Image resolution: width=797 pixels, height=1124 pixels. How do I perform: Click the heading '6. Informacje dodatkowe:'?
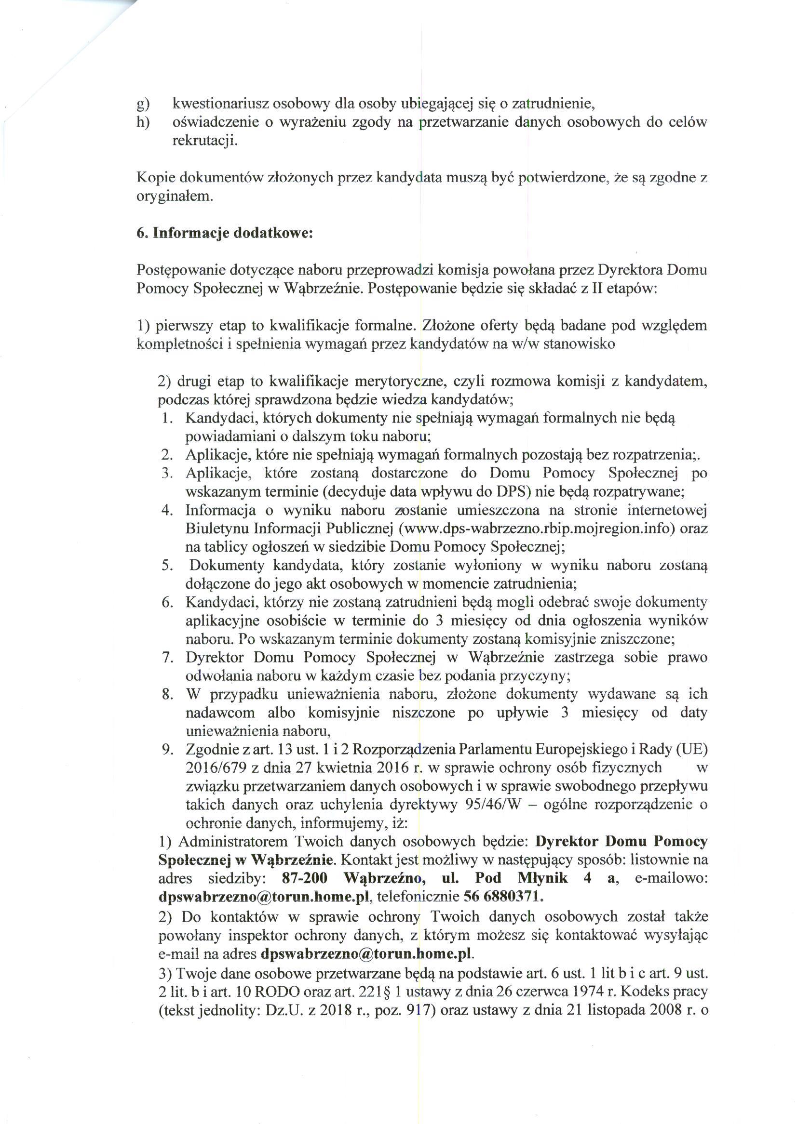pos(224,232)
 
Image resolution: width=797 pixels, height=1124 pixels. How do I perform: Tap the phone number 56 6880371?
pos(503,898)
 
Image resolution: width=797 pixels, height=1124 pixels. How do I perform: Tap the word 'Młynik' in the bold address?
pos(542,878)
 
